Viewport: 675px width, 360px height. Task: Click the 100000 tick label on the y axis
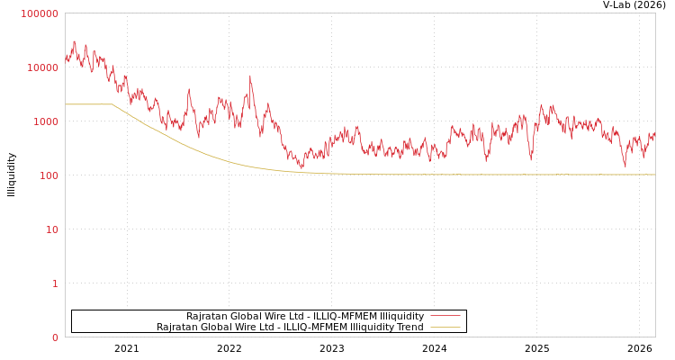point(40,13)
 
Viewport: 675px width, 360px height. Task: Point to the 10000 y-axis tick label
point(42,67)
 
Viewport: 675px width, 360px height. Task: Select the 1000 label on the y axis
point(45,121)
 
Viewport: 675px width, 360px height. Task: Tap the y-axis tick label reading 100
point(48,175)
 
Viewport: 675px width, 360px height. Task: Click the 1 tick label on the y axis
point(54,283)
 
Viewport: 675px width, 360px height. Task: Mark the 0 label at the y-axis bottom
point(54,337)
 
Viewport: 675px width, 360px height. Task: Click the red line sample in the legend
point(445,316)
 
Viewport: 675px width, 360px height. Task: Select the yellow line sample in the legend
point(445,327)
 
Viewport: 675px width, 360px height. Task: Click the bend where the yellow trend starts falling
point(112,105)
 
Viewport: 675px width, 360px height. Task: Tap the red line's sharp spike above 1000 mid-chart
point(250,76)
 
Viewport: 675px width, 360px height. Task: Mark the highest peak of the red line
point(74,41)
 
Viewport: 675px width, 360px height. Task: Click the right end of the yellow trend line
point(654,175)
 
